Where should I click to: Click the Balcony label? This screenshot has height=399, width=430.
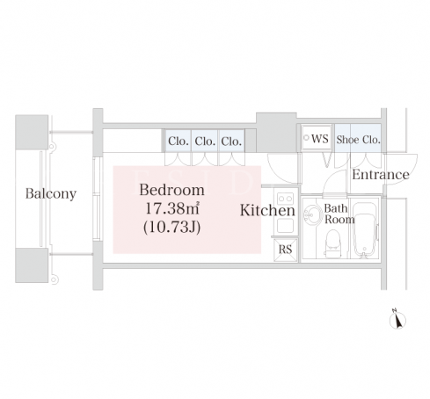pyautogui.click(x=51, y=194)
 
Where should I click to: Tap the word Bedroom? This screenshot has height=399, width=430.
pyautogui.click(x=171, y=190)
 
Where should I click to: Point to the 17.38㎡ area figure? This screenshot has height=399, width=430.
pyautogui.click(x=172, y=208)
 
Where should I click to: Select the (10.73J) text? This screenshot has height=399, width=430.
pyautogui.click(x=172, y=227)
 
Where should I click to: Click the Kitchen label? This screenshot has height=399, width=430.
pyautogui.click(x=267, y=210)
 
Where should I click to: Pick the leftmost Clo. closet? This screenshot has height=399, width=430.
pyautogui.click(x=178, y=141)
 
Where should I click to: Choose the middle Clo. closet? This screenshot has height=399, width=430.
pyautogui.click(x=205, y=141)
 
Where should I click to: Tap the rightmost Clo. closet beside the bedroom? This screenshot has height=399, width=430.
pyautogui.click(x=231, y=141)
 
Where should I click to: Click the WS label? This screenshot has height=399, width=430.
pyautogui.click(x=320, y=139)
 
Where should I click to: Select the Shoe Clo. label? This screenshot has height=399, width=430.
pyautogui.click(x=358, y=140)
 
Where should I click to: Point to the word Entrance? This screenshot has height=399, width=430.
pyautogui.click(x=381, y=175)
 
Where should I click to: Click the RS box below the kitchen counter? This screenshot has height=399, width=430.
pyautogui.click(x=286, y=250)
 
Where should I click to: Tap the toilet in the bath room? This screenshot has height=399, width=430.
pyautogui.click(x=332, y=243)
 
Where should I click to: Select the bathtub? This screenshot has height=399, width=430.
pyautogui.click(x=365, y=230)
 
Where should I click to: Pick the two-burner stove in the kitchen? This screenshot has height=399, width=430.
pyautogui.click(x=286, y=199)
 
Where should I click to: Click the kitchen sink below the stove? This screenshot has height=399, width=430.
pyautogui.click(x=285, y=225)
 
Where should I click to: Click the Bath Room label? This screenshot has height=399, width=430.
pyautogui.click(x=339, y=214)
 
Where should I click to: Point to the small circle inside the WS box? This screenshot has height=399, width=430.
pyautogui.click(x=307, y=137)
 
